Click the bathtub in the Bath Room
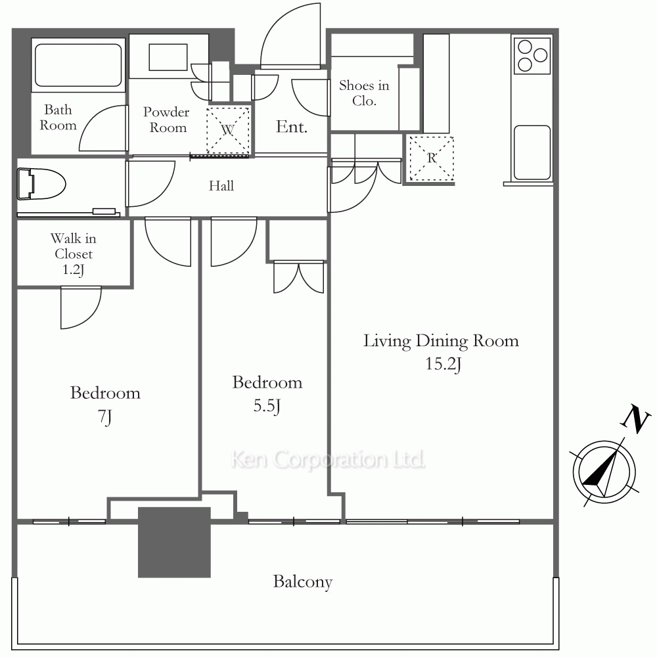(x=78, y=65)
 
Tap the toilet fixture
(x=41, y=184)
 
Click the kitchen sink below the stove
(x=532, y=152)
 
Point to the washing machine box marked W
(x=228, y=130)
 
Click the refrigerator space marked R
(x=432, y=158)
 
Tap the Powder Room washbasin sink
(x=168, y=57)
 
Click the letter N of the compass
(x=635, y=419)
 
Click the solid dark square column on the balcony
(x=174, y=542)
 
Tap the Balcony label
(x=302, y=581)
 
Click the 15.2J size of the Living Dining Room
(x=443, y=364)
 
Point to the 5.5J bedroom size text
(x=267, y=405)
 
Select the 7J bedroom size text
(x=104, y=417)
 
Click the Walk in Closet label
(x=74, y=254)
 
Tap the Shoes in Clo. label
(x=364, y=93)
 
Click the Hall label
(x=221, y=186)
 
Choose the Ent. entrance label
(x=292, y=127)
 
